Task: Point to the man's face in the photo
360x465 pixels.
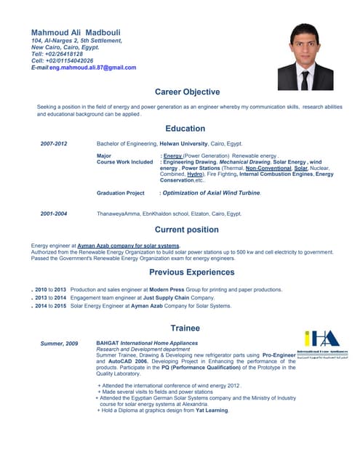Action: pyautogui.click(x=305, y=44)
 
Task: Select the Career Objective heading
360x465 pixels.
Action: pyautogui.click(x=187, y=92)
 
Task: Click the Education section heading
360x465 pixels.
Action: pyautogui.click(x=185, y=129)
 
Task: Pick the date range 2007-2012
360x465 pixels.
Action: pyautogui.click(x=54, y=144)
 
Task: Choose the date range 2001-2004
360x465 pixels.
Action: pyautogui.click(x=54, y=214)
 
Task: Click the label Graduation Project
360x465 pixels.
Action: pyautogui.click(x=121, y=193)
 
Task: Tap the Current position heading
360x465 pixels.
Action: pyautogui.click(x=186, y=230)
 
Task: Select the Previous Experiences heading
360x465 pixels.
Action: pyautogui.click(x=191, y=272)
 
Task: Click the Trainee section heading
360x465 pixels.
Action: pyautogui.click(x=185, y=328)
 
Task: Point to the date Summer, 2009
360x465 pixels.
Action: pyautogui.click(x=60, y=343)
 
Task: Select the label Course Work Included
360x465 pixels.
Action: pyautogui.click(x=124, y=162)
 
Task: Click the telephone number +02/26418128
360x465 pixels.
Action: pyautogui.click(x=64, y=54)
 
